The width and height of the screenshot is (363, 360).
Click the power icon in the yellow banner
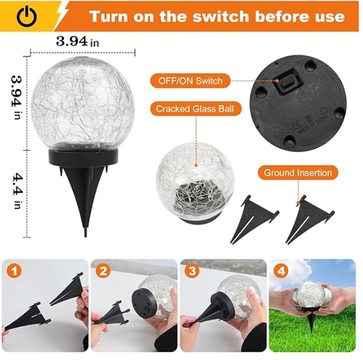(x=27, y=16)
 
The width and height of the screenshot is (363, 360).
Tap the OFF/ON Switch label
(x=190, y=81)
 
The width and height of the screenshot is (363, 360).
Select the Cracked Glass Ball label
(x=195, y=109)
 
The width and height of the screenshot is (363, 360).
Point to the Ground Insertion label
(x=298, y=173)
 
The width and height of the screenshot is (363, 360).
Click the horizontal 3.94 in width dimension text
(x=78, y=41)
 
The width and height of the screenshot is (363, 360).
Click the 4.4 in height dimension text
(x=17, y=190)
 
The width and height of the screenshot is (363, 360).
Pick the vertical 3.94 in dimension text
(x=17, y=97)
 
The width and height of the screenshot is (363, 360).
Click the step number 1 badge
(x=15, y=271)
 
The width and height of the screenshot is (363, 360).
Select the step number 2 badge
(x=103, y=271)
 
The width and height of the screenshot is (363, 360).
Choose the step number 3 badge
(x=192, y=271)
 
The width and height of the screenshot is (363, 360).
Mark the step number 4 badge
(x=281, y=271)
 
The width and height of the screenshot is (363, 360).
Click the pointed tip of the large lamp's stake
(x=85, y=236)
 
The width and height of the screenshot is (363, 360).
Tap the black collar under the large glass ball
(x=83, y=157)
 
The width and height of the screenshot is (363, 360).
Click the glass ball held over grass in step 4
(x=310, y=295)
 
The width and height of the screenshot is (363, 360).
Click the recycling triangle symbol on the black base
(x=323, y=111)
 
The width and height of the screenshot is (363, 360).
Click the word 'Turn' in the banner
(x=109, y=17)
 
